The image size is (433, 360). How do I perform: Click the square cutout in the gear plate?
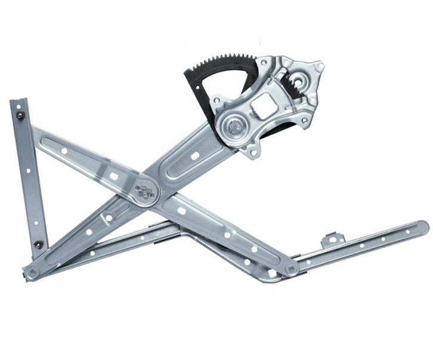261,108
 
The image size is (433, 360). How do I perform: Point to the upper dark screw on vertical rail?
21,115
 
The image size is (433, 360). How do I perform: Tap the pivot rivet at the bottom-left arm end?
32,272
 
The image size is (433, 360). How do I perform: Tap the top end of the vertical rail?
16,103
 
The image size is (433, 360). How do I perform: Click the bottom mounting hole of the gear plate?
253,153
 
